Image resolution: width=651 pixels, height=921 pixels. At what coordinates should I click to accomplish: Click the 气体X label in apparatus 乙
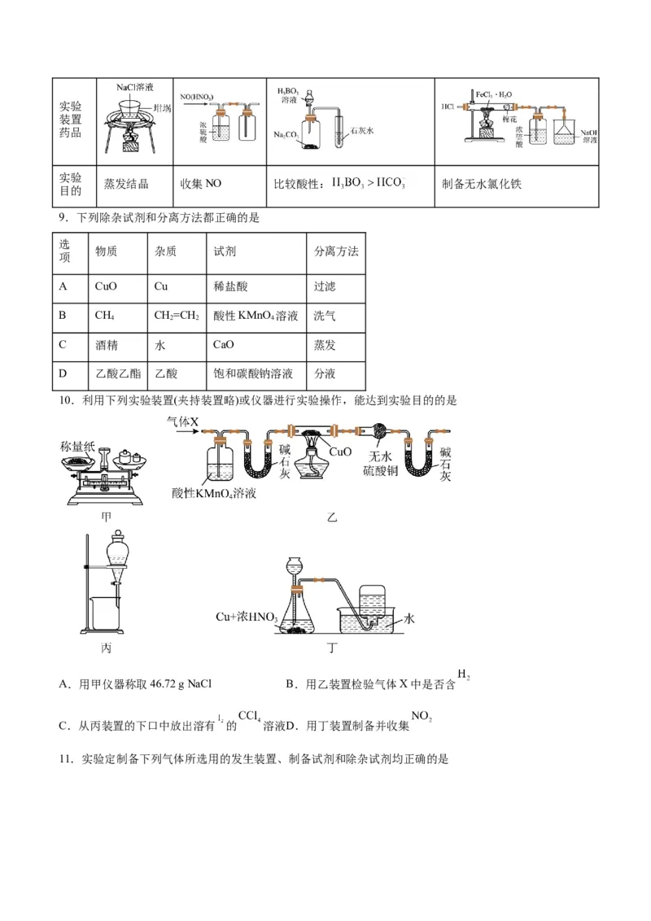[182, 421]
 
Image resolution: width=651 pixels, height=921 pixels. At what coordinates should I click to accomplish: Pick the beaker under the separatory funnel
[107, 613]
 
